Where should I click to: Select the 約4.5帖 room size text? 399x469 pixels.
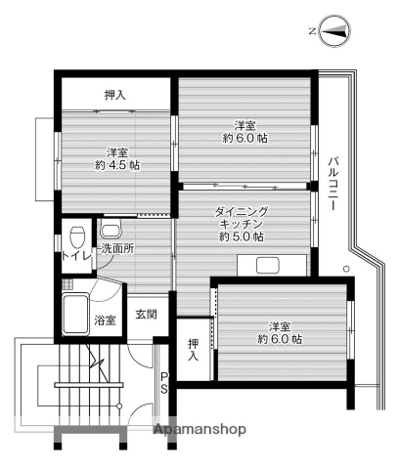point(117,165)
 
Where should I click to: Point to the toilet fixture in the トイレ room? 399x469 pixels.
point(76,236)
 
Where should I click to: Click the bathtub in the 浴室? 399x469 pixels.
point(80,310)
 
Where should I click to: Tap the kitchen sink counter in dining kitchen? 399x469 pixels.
point(275,264)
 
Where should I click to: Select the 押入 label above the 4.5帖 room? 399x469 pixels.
point(115,95)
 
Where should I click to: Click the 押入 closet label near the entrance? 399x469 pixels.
point(192,350)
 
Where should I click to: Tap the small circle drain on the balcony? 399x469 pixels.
point(344,269)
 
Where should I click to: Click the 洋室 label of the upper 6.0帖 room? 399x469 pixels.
point(244,125)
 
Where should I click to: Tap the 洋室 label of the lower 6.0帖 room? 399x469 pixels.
point(279,325)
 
